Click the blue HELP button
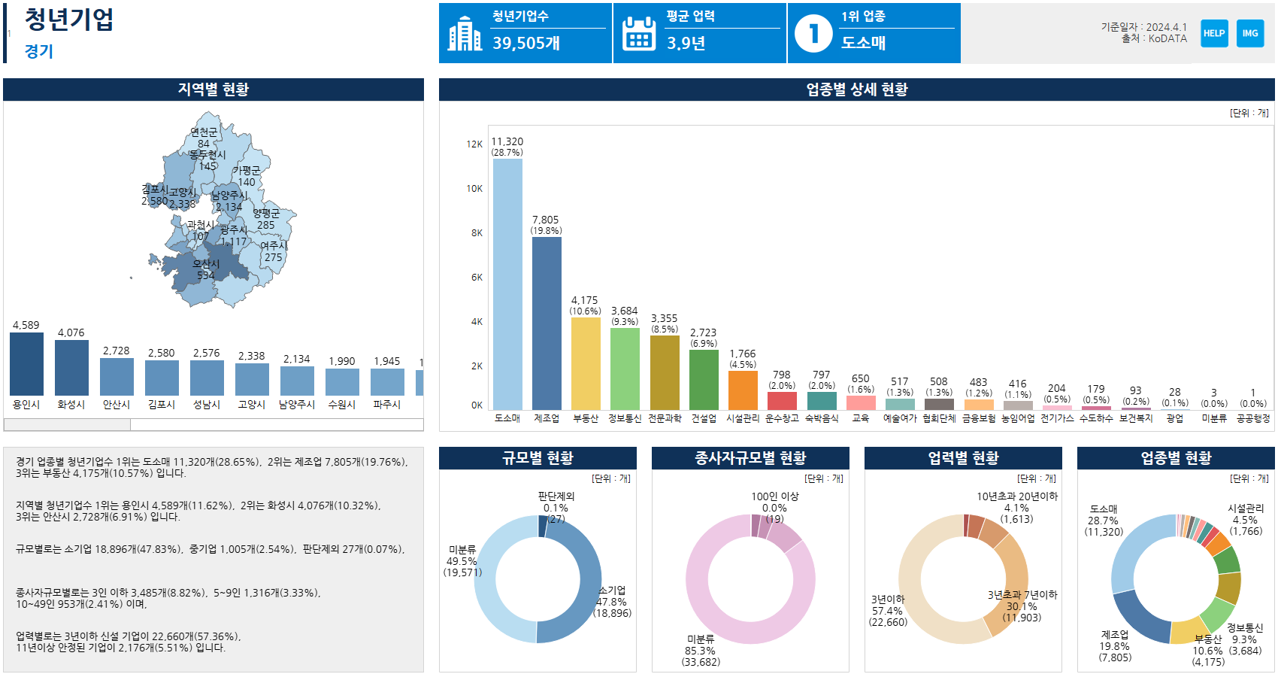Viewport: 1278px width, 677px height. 1214,33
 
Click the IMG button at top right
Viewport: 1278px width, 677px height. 1250,33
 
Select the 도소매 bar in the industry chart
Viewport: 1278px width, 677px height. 507,284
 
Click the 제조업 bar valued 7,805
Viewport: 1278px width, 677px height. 547,323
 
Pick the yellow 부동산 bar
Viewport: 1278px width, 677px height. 586,363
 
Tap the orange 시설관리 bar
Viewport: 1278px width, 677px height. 743,390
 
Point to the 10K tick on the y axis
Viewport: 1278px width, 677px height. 474,189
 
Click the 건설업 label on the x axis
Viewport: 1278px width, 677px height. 704,418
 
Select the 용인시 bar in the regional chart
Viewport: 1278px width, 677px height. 26,364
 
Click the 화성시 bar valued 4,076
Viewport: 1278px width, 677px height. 71,368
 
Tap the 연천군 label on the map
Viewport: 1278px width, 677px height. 204,132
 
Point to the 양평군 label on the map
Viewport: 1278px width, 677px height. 266,214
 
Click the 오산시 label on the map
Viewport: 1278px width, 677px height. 206,264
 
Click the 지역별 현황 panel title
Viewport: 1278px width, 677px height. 214,90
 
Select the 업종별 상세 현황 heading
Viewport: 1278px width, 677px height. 856,90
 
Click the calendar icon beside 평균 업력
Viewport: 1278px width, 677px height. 639,34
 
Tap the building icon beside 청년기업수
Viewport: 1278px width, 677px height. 465,34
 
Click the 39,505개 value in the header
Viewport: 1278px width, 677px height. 526,44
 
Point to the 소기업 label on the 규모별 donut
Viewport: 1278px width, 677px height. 612,590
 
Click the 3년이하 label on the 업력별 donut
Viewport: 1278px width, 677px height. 888,600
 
